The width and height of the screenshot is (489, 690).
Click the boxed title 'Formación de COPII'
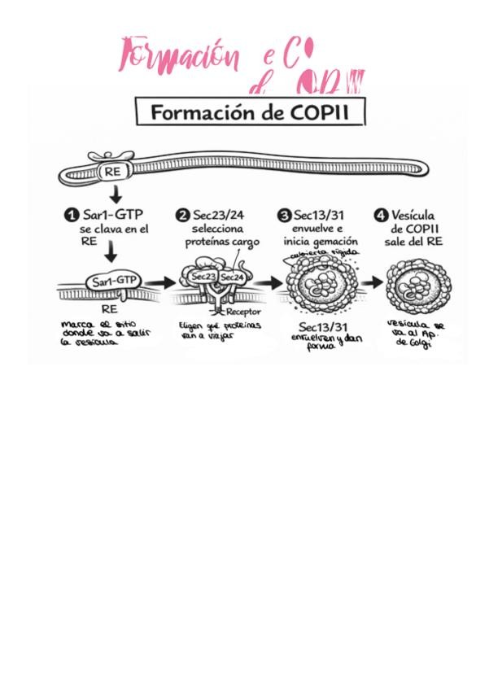coord(250,112)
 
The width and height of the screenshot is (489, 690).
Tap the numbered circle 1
coord(72,216)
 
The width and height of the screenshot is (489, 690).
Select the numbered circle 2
coord(182,216)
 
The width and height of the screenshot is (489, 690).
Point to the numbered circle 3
coord(284,216)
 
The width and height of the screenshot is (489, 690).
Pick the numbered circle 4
coord(381,216)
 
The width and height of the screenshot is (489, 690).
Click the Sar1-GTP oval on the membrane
coord(115,281)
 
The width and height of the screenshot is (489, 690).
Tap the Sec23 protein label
coord(203,277)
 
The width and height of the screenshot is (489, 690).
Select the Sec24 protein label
coord(233,277)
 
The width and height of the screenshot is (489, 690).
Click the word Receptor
coord(243,311)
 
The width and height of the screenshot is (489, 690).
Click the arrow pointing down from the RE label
coord(116,194)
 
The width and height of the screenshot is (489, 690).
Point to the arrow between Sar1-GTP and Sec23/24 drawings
coord(161,283)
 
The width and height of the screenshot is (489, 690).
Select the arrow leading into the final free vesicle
coord(372,283)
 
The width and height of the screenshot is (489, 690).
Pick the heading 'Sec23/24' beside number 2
coord(218,216)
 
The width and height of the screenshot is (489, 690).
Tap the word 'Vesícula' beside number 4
coord(417,216)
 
